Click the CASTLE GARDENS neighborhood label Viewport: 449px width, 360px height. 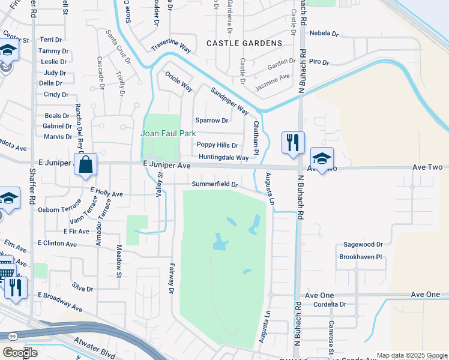244,43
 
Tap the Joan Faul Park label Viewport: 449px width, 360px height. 160,133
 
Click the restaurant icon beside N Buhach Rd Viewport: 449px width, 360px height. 293,143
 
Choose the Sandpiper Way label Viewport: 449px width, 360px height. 229,100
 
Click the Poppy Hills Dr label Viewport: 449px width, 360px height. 218,145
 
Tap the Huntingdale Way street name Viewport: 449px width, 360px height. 223,158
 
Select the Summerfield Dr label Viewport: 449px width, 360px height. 215,184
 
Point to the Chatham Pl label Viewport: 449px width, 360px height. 256,137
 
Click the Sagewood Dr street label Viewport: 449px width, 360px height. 363,245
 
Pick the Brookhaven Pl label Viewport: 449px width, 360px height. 360,256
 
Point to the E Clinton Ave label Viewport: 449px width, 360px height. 57,244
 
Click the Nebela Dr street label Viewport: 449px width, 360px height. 324,34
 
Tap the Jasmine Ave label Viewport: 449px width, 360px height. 273,79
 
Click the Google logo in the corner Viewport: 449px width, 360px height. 20,353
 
